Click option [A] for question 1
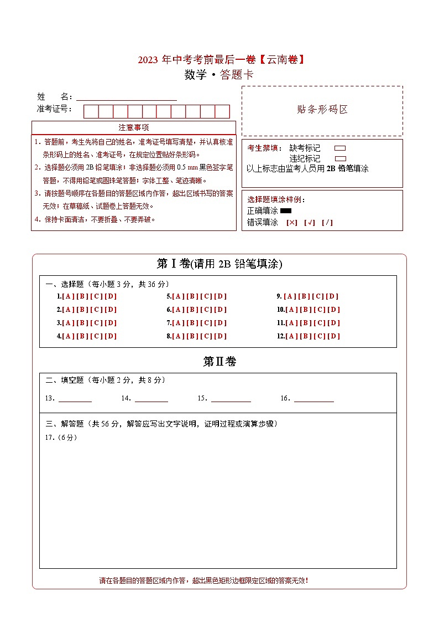[69, 296]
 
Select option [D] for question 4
[111, 336]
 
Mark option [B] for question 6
[192, 310]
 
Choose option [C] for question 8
[206, 336]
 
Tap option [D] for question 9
[332, 296]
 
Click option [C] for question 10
[320, 310]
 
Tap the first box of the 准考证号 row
[91, 111]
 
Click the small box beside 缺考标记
[340, 148]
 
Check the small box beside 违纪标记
[340, 158]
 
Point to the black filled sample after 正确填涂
[286, 211]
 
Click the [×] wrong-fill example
[292, 223]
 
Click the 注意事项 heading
[134, 128]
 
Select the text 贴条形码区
[322, 110]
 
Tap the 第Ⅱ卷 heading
[219, 362]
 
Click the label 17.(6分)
[61, 438]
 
